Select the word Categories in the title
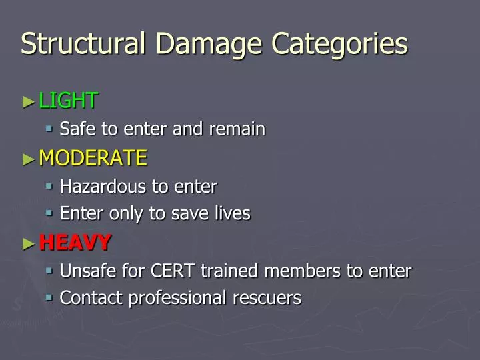(340, 45)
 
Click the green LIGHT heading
(69, 101)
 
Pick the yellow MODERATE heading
(93, 158)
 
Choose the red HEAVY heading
(75, 243)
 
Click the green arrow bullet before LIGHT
(27, 101)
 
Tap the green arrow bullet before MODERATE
(27, 159)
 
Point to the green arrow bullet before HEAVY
(27, 243)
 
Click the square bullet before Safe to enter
(50, 128)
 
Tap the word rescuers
(270, 298)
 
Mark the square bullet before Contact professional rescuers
(50, 297)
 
